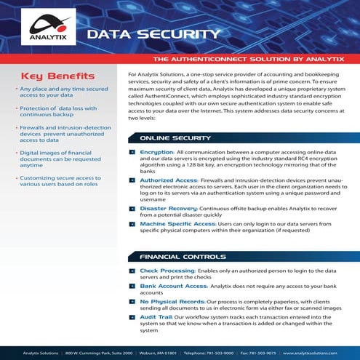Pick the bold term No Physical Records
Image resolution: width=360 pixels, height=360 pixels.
click(172, 300)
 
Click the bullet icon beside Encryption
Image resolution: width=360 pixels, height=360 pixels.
click(132, 152)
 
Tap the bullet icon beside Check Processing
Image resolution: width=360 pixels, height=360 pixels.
click(132, 271)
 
